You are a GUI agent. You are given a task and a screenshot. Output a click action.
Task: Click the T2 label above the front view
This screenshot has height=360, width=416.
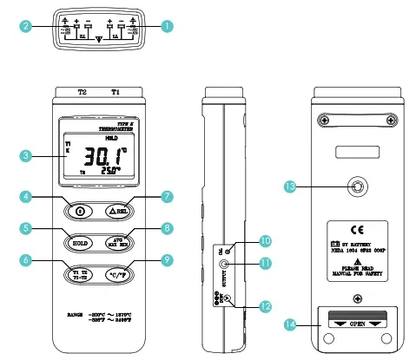tap(83, 90)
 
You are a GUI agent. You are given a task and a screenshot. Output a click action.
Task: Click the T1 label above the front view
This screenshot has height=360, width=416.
tap(116, 90)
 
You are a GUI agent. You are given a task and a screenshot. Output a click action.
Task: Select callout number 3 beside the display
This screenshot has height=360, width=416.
tap(28, 156)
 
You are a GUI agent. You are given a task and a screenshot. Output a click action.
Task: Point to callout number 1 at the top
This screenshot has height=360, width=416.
tap(165, 26)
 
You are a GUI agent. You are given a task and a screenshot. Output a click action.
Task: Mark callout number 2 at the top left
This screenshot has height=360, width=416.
tap(28, 26)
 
